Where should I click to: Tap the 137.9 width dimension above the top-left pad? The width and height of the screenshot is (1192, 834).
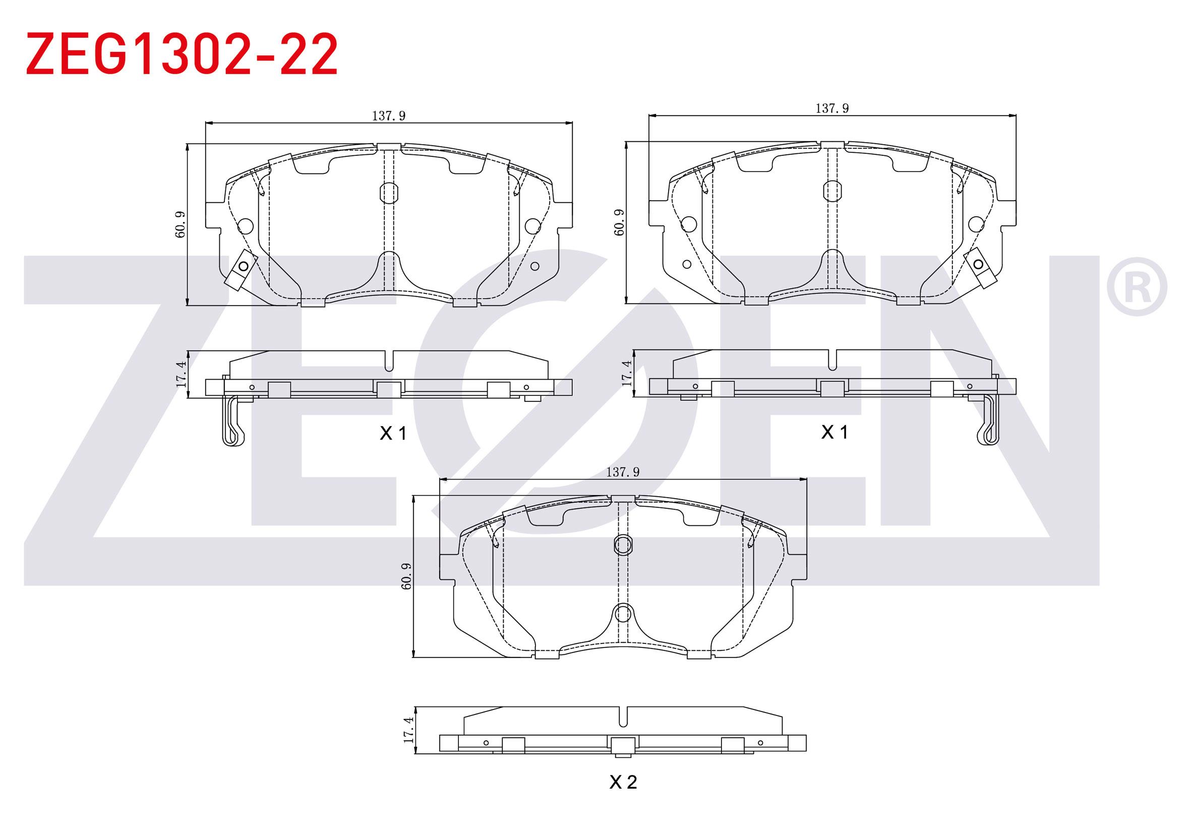(x=388, y=116)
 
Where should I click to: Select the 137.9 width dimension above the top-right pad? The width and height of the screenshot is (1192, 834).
(x=832, y=108)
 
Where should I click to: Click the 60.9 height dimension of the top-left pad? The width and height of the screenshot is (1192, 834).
(x=180, y=224)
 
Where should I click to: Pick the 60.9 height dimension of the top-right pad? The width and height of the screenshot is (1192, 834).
(x=619, y=223)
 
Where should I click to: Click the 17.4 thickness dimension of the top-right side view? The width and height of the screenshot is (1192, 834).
(x=626, y=373)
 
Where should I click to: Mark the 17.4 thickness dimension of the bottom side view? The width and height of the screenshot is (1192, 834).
(x=408, y=729)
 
